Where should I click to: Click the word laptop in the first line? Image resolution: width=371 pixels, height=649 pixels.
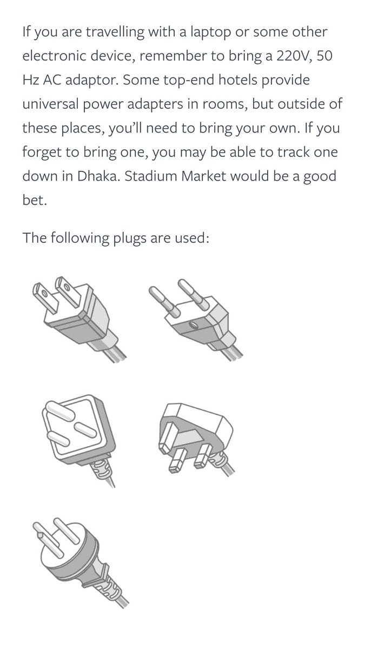point(210,32)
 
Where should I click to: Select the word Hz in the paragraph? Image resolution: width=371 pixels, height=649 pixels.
point(31,80)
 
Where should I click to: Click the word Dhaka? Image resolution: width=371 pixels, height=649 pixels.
point(98,176)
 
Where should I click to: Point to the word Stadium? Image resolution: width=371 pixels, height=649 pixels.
point(150,176)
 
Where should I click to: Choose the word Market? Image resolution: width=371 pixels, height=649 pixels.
point(203,176)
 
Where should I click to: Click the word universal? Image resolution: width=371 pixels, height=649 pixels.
point(50,104)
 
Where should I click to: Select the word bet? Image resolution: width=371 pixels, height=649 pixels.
point(35,200)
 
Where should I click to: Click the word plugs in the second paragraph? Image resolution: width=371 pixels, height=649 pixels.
point(129,239)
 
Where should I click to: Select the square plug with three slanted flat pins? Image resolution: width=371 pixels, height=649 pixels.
point(79,440)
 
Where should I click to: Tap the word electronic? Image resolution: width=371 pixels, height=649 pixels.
point(54,56)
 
